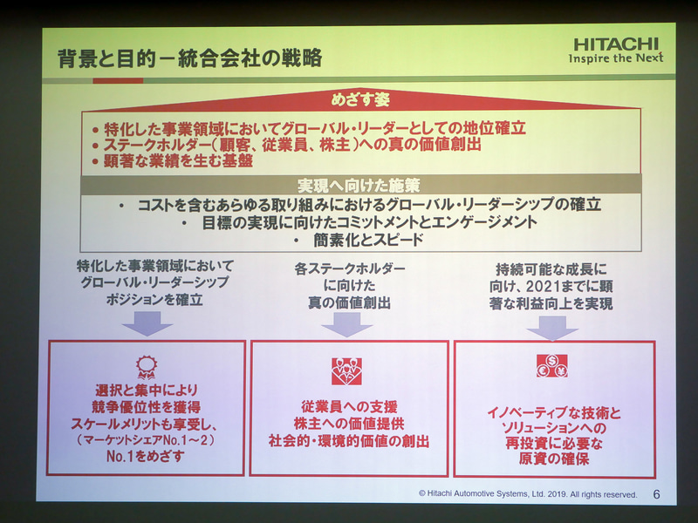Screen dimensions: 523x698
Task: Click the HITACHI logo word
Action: tap(617, 44)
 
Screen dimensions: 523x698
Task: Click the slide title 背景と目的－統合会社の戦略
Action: tap(189, 58)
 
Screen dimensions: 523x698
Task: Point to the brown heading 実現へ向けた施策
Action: tap(359, 185)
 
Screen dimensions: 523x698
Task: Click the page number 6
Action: tap(656, 494)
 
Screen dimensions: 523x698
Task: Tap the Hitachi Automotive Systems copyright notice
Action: tap(527, 494)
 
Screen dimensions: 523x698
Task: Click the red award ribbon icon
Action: tap(147, 365)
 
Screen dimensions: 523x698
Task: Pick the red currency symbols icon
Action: tap(551, 365)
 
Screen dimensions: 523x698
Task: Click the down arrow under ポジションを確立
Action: tap(147, 323)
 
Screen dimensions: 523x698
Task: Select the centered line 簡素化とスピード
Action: tap(359, 240)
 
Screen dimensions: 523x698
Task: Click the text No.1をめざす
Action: tap(147, 454)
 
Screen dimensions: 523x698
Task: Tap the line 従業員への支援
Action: tap(349, 405)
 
